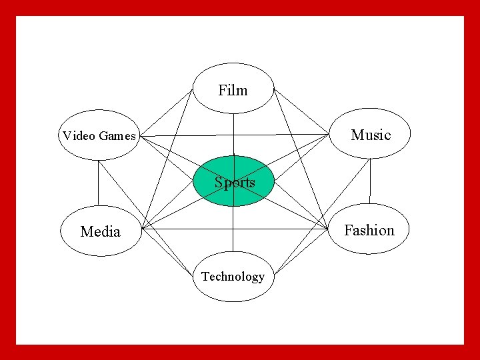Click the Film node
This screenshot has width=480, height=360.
coord(233,89)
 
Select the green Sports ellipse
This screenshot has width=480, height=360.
coord(233,181)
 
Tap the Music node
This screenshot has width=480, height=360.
coord(370,135)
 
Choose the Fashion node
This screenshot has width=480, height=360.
coord(369,230)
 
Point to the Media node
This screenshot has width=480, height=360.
coord(100,231)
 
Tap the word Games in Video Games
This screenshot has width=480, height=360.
coord(117,136)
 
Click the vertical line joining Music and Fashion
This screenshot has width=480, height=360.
coord(370,181)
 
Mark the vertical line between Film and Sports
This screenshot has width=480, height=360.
coord(233,133)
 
